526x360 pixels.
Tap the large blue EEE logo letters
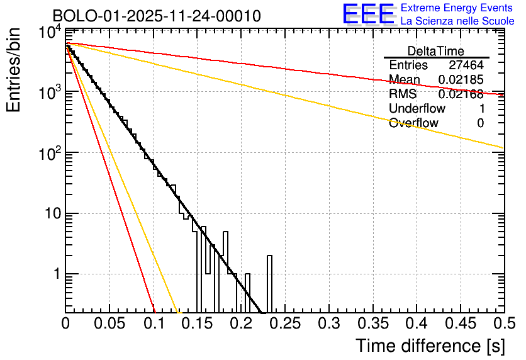coord(368,14)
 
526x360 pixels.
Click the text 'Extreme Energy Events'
coord(457,8)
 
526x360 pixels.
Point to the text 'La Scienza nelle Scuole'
coord(457,21)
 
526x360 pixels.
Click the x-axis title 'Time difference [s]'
coord(429,346)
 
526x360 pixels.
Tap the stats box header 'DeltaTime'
coord(436,51)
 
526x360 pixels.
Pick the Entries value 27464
coord(466,65)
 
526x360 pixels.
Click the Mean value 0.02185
coord(461,80)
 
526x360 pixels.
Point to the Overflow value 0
coord(480,123)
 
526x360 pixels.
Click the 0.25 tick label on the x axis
coord(285,323)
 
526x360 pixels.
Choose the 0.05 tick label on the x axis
coord(109,323)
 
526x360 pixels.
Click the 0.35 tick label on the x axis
coord(372,323)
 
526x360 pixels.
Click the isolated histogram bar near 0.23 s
coord(270,283)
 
